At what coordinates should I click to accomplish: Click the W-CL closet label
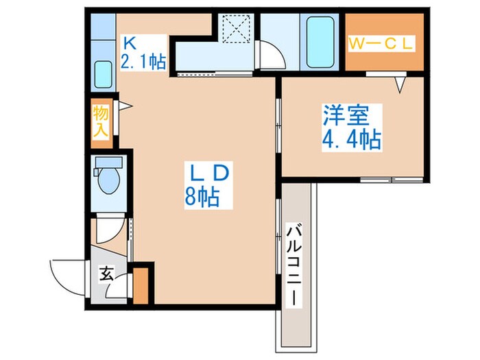[x=381, y=44]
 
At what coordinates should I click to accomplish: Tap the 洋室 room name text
[x=346, y=115]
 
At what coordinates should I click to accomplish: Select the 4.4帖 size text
[x=352, y=140]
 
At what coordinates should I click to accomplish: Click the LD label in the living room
[x=209, y=173]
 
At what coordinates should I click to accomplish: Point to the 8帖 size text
[x=202, y=197]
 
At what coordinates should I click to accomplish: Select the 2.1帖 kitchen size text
[x=143, y=62]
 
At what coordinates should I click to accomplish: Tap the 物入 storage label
[x=101, y=122]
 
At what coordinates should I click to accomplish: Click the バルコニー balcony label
[x=294, y=265]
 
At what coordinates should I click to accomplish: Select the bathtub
[x=320, y=42]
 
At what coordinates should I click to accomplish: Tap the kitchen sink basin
[x=103, y=74]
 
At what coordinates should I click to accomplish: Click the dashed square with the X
[x=236, y=29]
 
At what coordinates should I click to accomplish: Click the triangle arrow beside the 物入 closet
[x=125, y=106]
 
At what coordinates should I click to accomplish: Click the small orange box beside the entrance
[x=141, y=286]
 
